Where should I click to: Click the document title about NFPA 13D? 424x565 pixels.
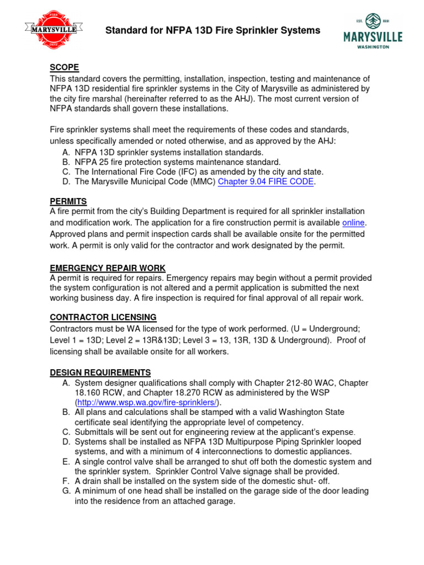click(213, 31)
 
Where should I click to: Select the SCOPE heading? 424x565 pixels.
click(64, 67)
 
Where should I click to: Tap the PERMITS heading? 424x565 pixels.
click(68, 201)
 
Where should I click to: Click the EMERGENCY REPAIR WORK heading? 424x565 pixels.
click(108, 268)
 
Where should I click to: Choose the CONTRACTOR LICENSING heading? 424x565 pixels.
click(103, 317)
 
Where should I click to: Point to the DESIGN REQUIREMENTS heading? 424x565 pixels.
click(100, 372)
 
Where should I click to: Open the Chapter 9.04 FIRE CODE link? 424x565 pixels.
click(266, 182)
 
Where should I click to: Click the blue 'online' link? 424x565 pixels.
click(354, 222)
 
